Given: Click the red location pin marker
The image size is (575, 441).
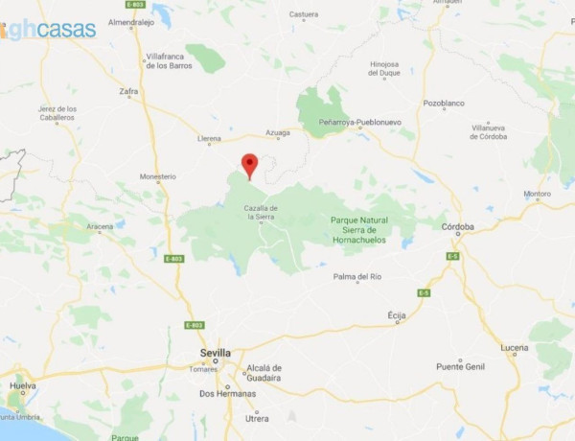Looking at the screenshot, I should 249,165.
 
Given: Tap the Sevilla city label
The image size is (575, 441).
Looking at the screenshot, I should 216,353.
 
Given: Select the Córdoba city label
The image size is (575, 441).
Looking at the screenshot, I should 458,226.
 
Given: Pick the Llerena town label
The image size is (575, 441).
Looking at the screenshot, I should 208,139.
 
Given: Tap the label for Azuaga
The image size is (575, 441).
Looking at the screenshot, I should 277,133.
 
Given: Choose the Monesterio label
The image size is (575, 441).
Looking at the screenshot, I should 158,176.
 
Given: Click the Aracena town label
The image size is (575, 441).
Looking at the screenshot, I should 100,226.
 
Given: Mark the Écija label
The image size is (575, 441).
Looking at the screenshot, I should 396,314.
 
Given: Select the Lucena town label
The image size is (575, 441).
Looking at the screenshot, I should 514,347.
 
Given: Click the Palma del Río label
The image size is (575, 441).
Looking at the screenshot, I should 357,277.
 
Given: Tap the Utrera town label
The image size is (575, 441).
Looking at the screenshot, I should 257,418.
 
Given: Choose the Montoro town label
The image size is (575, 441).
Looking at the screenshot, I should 537,194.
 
